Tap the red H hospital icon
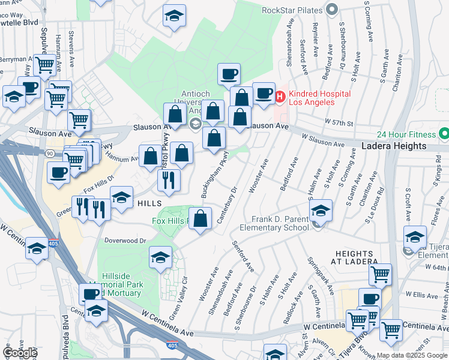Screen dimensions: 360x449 (x=279, y=95)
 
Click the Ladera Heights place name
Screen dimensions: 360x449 (x=393, y=146)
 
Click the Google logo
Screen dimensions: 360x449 (x=20, y=353)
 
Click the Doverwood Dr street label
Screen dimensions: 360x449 (x=125, y=241)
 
